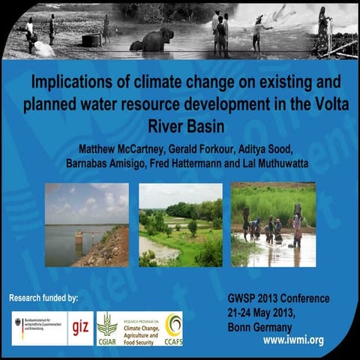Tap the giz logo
[x=80, y=328]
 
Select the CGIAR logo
[x=107, y=328]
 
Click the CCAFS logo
[x=173, y=328]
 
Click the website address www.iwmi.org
[x=293, y=340]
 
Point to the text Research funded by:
[x=43, y=298]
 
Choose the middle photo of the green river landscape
[x=180, y=225]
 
